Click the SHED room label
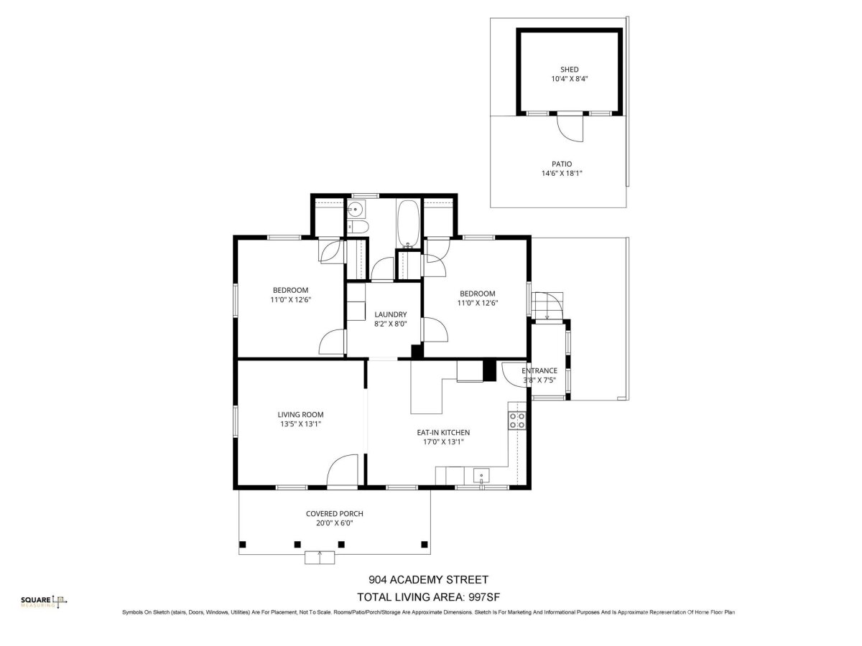569,70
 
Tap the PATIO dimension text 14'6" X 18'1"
562,174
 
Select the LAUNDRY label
390,314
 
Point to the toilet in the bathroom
358,227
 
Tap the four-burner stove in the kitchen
516,421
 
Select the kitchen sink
481,477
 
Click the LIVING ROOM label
300,415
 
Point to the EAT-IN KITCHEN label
443,433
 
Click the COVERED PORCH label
334,514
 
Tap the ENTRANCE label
539,370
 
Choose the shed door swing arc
570,129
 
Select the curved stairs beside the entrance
547,306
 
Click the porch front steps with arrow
320,558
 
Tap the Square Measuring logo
44,601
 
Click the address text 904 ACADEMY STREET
428,579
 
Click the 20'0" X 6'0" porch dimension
334,523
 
